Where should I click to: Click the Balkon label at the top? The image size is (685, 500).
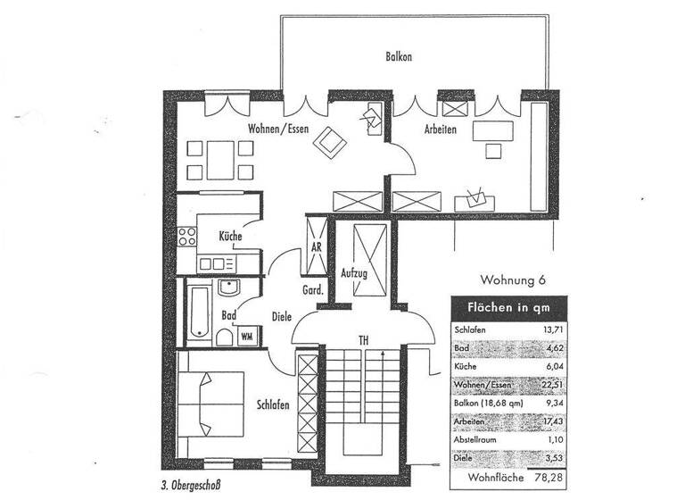tap(398, 56)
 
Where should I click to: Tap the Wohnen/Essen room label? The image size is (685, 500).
tap(279, 129)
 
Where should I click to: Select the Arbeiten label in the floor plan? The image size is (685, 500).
tap(435, 130)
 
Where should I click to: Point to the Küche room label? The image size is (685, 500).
tap(230, 237)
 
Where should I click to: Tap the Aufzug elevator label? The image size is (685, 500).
tap(354, 273)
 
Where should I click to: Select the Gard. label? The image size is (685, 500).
tap(312, 290)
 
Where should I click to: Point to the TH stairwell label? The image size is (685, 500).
tap(363, 340)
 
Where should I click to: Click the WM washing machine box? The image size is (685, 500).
tap(247, 337)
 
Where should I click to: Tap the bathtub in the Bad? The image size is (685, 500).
tap(199, 312)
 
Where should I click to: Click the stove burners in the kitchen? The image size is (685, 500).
tap(187, 237)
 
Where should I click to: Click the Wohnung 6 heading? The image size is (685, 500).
tap(512, 280)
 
